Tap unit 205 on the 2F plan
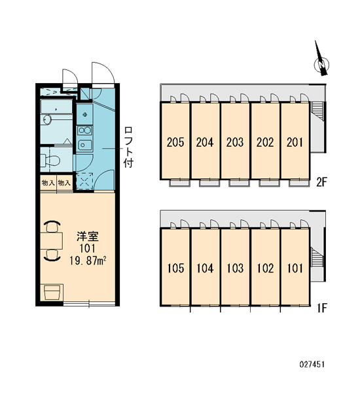175,141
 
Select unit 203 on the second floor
235,141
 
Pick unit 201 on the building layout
295,141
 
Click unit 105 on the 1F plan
175,267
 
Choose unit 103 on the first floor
235,267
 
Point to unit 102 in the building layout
265,267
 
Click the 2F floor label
321,182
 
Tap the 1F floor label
322,308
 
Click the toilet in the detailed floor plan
50,160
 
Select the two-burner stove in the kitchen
84,130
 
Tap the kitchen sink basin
84,145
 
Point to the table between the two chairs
51,241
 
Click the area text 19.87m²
88,261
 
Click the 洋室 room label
88,236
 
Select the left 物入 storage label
48,183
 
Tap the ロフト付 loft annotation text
128,147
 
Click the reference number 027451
312,364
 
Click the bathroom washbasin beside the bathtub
46,120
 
